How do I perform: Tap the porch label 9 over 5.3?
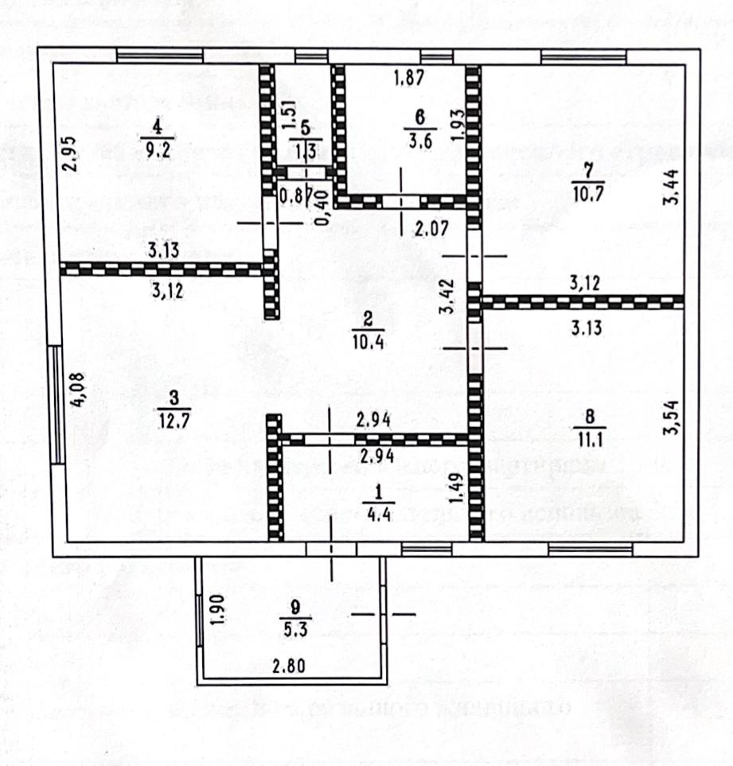tap(298, 618)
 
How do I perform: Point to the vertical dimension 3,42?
tap(448, 296)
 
